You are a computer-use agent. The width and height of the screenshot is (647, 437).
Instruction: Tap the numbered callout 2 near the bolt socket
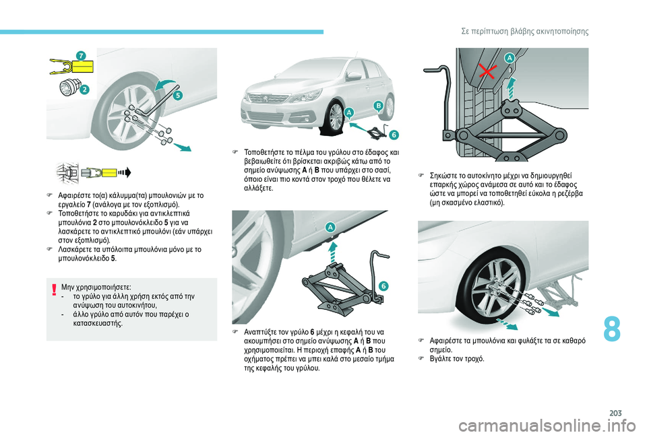point(84,89)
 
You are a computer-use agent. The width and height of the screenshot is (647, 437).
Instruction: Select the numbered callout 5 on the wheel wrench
point(178,95)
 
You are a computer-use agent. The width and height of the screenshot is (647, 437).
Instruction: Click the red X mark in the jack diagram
point(487,72)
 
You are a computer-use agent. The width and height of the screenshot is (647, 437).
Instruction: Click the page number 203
point(615,413)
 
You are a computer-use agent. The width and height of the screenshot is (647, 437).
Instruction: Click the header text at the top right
point(525,32)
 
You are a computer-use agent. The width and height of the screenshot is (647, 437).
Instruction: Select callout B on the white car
point(378,106)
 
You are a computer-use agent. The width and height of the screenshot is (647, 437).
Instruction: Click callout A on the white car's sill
point(349,112)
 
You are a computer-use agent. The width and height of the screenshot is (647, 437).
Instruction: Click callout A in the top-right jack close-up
point(510,59)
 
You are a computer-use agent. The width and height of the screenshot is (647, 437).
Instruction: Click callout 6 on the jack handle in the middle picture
point(383,286)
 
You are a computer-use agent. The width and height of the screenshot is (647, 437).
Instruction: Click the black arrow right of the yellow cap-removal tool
point(125,172)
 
